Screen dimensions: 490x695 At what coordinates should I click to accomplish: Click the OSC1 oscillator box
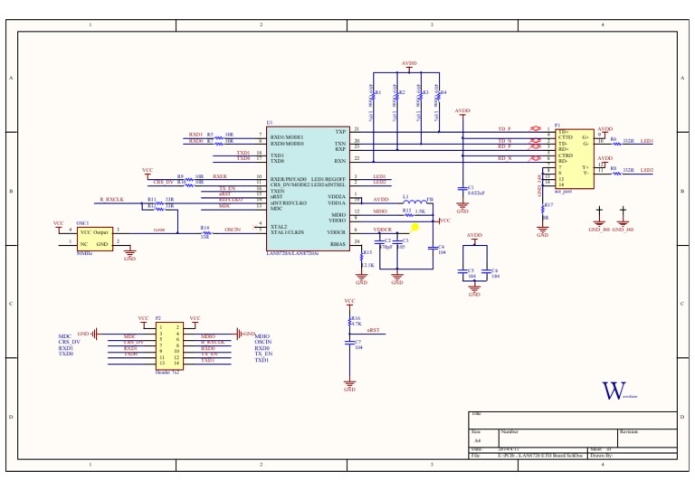click(x=94, y=238)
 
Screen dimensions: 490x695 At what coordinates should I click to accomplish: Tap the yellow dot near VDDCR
click(x=414, y=228)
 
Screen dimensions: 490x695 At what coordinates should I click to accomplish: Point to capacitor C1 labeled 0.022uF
click(x=462, y=189)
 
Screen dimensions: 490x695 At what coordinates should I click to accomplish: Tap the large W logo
click(x=614, y=391)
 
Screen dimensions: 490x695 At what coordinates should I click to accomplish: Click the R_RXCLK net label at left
click(x=112, y=198)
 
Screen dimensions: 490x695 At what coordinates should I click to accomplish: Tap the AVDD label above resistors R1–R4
click(x=409, y=64)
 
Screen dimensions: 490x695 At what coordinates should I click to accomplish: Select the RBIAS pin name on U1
click(x=337, y=244)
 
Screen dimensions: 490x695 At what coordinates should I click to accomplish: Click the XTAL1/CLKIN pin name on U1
click(x=289, y=232)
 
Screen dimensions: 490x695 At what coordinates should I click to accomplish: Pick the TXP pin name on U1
click(x=340, y=131)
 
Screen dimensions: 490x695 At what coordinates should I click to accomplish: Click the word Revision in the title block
click(x=630, y=432)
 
